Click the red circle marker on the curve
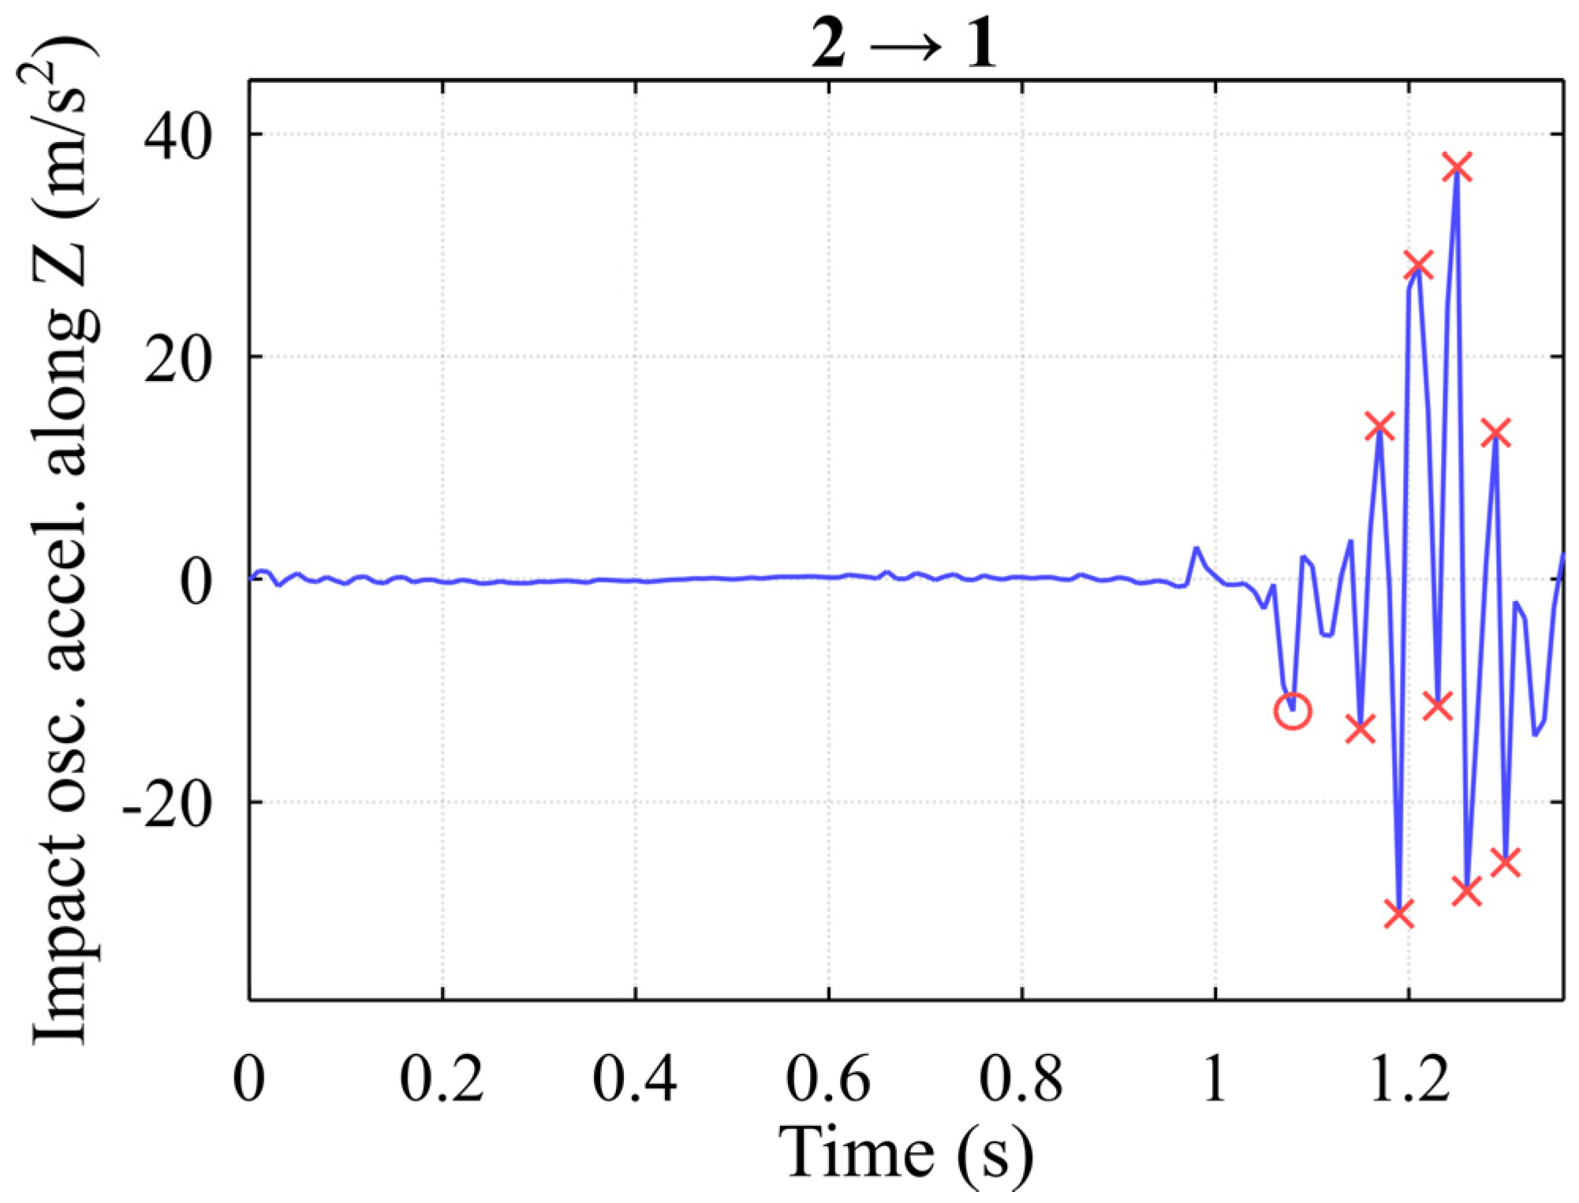point(1293,711)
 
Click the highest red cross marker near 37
point(1457,167)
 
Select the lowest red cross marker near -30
point(1399,913)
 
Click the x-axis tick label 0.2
point(442,1079)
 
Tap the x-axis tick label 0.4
point(635,1079)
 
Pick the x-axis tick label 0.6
point(828,1079)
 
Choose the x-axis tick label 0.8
point(1021,1079)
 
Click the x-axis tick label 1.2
point(1409,1079)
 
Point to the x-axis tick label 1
point(1215,1079)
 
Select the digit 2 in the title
point(829,45)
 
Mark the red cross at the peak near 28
point(1418,267)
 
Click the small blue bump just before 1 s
point(1196,549)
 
